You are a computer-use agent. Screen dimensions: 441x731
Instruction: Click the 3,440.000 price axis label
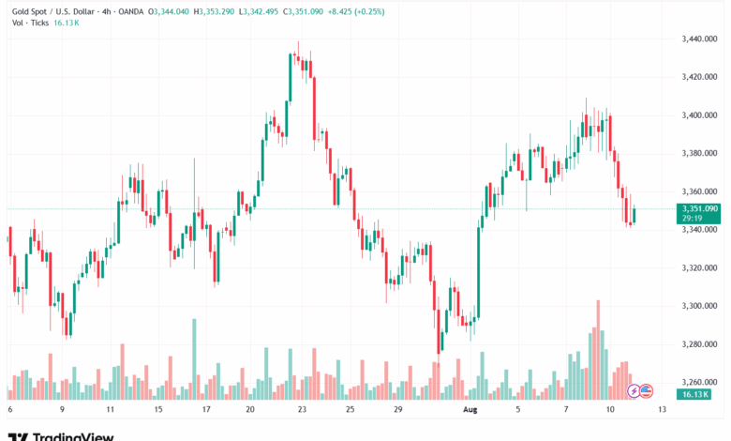700,38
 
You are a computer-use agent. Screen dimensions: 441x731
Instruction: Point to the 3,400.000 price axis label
700,115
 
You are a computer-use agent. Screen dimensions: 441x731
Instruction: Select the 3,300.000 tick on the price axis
700,306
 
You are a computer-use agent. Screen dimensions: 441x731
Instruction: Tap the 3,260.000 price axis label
700,382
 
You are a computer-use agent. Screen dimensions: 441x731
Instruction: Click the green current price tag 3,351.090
701,208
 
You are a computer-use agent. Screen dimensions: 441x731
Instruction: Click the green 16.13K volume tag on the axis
694,395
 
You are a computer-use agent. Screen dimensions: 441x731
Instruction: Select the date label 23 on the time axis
301,410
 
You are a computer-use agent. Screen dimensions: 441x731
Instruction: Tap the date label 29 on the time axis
397,410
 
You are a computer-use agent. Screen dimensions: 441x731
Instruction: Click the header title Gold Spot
28,11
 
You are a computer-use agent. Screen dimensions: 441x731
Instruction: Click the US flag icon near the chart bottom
645,390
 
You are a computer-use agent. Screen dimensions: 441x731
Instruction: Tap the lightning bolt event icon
634,390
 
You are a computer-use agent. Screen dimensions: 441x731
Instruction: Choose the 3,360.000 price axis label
700,191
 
